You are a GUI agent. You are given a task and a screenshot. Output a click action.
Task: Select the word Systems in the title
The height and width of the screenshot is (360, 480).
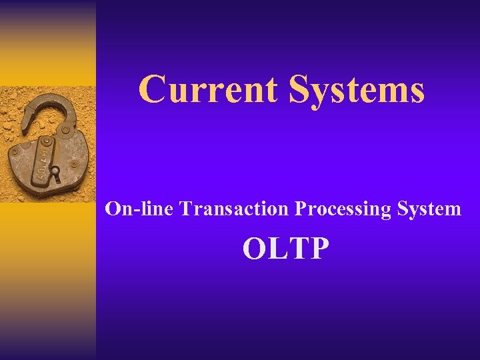[357, 90]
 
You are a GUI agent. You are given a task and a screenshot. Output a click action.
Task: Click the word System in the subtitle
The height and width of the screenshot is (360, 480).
[429, 209]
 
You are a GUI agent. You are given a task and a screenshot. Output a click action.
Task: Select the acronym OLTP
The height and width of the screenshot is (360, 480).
[286, 249]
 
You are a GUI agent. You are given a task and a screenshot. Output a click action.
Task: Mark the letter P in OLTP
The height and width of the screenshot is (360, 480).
[319, 249]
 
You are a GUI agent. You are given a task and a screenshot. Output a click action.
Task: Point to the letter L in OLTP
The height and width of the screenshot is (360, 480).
[279, 249]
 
